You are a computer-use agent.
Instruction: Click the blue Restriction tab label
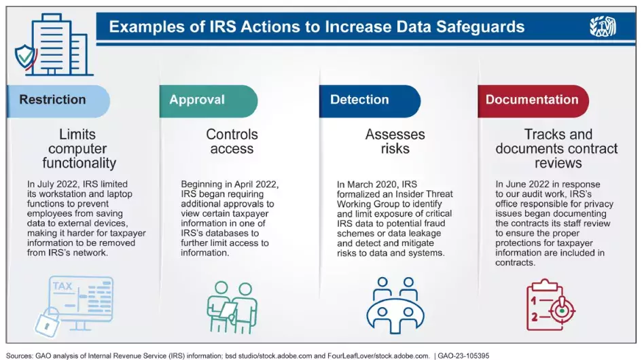click(x=53, y=100)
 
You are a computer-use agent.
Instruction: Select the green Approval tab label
click(x=197, y=100)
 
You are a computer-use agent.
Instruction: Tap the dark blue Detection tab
click(x=359, y=100)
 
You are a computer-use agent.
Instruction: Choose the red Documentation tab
click(x=531, y=100)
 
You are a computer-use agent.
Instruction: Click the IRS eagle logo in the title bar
click(x=603, y=27)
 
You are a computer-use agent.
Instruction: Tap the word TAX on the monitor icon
click(x=63, y=286)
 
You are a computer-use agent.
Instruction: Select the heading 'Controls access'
click(x=232, y=141)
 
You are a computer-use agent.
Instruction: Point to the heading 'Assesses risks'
click(x=395, y=141)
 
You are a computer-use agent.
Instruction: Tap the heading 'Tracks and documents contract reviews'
click(x=556, y=149)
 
